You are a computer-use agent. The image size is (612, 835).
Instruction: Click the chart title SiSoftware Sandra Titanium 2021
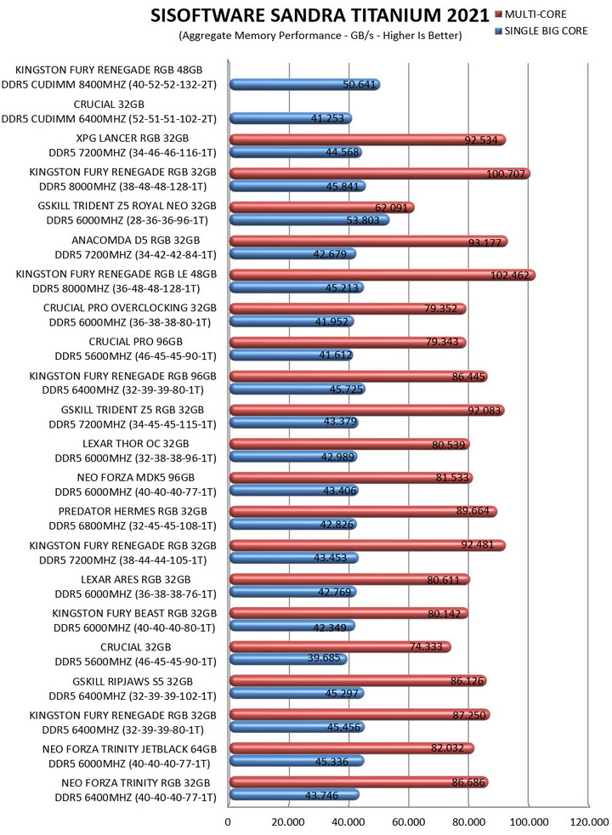point(320,15)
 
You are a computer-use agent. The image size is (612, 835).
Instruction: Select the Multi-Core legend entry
point(530,14)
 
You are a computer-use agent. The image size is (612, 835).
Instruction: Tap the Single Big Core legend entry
point(541,31)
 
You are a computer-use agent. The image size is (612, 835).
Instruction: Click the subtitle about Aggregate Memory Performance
point(320,36)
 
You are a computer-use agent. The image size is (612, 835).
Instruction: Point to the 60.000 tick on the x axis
point(409,821)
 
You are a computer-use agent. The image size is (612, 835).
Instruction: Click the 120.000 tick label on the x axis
point(588,821)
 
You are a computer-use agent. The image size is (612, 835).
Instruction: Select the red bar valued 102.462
point(382,275)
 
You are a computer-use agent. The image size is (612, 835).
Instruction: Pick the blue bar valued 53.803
point(309,219)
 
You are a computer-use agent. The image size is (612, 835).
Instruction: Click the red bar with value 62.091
point(322,207)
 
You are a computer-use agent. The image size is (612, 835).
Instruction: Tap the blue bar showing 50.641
point(305,84)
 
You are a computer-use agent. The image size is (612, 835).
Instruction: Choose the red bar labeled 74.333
point(340,646)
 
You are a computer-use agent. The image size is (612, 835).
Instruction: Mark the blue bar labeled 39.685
point(288,659)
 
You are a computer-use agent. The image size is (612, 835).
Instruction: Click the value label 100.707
point(506,173)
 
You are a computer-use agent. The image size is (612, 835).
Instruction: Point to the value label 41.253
point(327,118)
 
